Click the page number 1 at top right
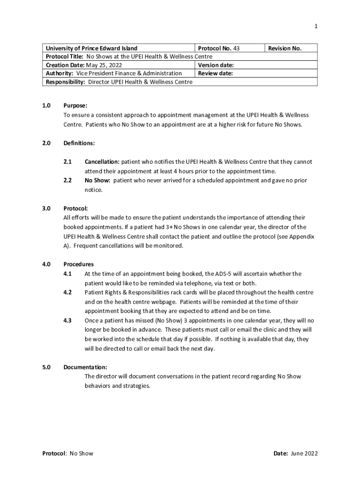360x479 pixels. click(316, 26)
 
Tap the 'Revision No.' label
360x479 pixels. click(285, 48)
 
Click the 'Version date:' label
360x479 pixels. click(216, 65)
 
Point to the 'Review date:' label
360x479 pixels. click(215, 73)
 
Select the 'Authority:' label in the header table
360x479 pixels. click(59, 73)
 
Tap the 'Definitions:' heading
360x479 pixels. click(79, 143)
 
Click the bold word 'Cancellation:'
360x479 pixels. click(102, 162)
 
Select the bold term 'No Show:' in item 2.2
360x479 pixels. click(97, 181)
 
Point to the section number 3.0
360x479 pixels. click(47, 209)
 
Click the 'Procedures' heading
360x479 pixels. click(79, 264)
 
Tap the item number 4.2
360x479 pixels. click(67, 292)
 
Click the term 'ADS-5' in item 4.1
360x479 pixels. click(227, 274)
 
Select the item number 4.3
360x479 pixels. click(67, 320)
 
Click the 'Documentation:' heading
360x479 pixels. click(85, 367)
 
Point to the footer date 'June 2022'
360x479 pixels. click(304, 453)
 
